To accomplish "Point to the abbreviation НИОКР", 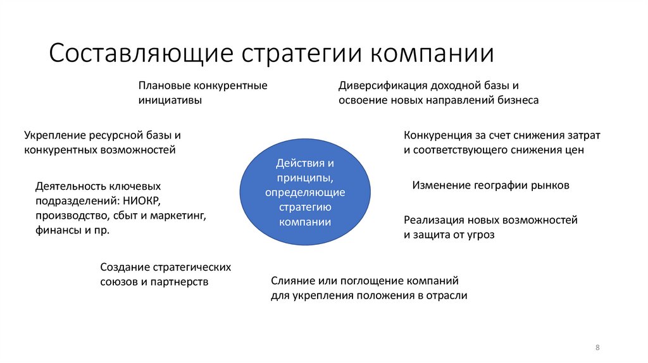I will click(143, 201).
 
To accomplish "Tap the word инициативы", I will click(170, 100).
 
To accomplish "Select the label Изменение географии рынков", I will click(491, 185).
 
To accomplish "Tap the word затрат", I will click(583, 135).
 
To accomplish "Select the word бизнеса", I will click(518, 100).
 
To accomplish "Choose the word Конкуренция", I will click(435, 135).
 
